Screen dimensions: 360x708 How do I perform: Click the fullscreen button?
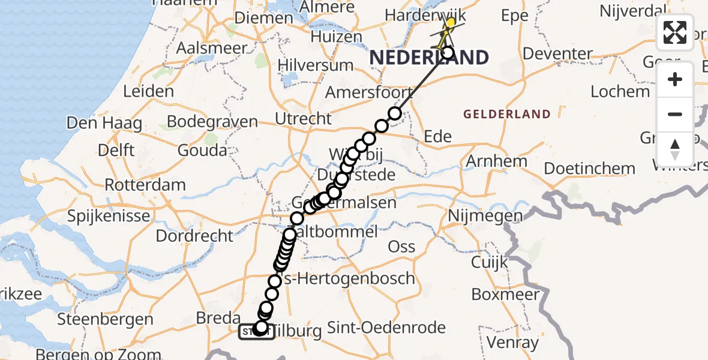pyautogui.click(x=675, y=32)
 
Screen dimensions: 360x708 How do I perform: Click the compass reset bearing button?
pyautogui.click(x=675, y=149)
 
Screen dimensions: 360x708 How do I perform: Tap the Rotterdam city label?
pyautogui.click(x=145, y=184)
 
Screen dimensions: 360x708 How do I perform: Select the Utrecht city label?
pyautogui.click(x=303, y=119)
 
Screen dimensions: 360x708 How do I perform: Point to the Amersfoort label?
pyautogui.click(x=369, y=93)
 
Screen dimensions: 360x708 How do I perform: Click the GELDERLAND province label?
pyautogui.click(x=507, y=114)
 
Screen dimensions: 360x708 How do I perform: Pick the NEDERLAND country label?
pyautogui.click(x=428, y=58)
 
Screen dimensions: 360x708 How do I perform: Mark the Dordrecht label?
pyautogui.click(x=194, y=235)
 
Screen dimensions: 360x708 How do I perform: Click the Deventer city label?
pyautogui.click(x=558, y=53)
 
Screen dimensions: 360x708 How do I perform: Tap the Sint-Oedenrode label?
pyautogui.click(x=399, y=328)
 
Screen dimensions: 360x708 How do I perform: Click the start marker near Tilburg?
pyautogui.click(x=256, y=331)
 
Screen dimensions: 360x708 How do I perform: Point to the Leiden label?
pyautogui.click(x=148, y=92)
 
